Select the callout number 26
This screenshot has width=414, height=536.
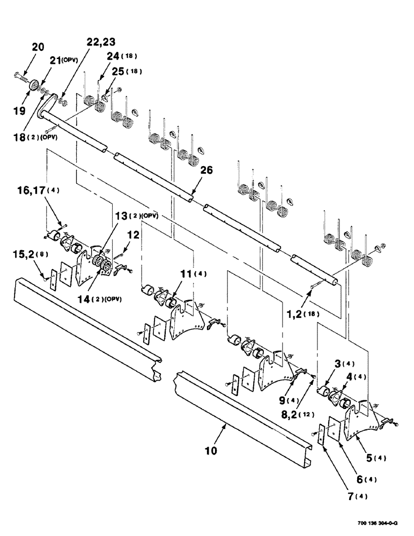coord(207,171)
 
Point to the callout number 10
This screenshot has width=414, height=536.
coord(211,451)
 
